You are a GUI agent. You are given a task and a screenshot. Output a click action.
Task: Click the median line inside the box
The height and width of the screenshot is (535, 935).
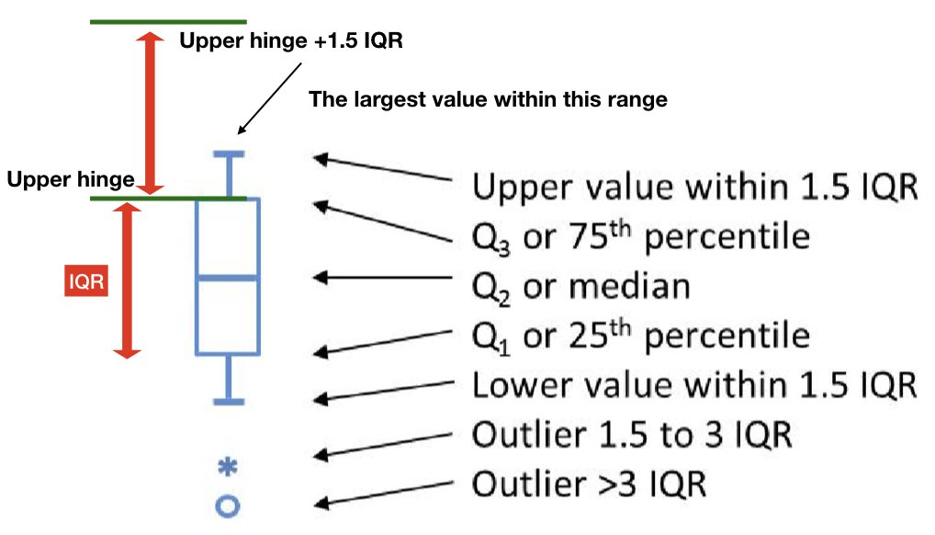pyautogui.click(x=229, y=278)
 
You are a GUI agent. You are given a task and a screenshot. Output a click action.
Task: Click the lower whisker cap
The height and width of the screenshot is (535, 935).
pyautogui.click(x=229, y=401)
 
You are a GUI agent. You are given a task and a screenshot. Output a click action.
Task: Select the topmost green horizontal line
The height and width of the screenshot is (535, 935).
pyautogui.click(x=168, y=21)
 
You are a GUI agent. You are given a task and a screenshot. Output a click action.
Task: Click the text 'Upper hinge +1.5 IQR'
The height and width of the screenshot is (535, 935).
pyautogui.click(x=291, y=41)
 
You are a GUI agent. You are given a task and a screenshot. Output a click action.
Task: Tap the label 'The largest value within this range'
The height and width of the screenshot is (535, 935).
pyautogui.click(x=488, y=99)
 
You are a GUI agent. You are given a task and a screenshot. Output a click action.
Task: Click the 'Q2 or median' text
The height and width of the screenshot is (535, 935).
pyautogui.click(x=580, y=286)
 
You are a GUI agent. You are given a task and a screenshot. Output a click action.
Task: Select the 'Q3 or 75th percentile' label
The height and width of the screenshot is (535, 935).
pyautogui.click(x=641, y=236)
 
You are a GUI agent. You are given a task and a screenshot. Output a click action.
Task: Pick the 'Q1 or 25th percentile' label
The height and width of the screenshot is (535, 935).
pyautogui.click(x=641, y=335)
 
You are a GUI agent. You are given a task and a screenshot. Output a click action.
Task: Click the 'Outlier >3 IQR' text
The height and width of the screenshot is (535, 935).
pyautogui.click(x=589, y=482)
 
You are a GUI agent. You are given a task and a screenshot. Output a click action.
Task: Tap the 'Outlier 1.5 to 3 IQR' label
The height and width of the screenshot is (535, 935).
pyautogui.click(x=632, y=433)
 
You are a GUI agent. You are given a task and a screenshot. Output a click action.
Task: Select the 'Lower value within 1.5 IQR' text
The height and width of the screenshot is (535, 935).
pyautogui.click(x=694, y=384)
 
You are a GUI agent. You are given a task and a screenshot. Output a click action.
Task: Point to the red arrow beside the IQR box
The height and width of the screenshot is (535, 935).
pyautogui.click(x=128, y=279)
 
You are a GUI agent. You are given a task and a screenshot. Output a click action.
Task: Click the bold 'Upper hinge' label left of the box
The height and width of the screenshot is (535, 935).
pyautogui.click(x=71, y=180)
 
